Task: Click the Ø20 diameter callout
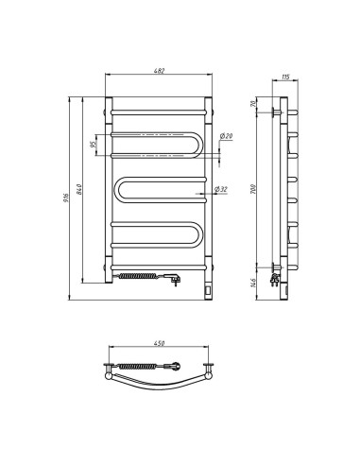tap(227, 138)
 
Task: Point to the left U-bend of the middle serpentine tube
tap(117, 191)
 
